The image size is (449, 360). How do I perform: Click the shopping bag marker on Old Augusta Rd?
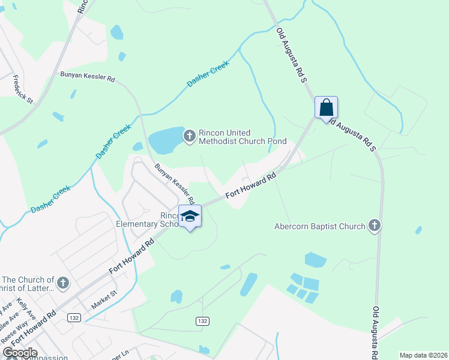pyautogui.click(x=326, y=108)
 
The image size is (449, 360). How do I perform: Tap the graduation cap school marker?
pyautogui.click(x=190, y=217)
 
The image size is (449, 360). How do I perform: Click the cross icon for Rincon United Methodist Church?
pyautogui.click(x=190, y=137)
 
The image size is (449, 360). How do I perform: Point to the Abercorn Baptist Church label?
pyautogui.click(x=319, y=227)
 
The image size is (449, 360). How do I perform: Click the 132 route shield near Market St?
pyautogui.click(x=74, y=317)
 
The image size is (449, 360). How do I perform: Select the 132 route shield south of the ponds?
pyautogui.click(x=202, y=321)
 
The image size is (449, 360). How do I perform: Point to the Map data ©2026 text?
pyautogui.click(x=423, y=355)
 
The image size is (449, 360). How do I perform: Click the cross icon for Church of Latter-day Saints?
pyautogui.click(x=64, y=282)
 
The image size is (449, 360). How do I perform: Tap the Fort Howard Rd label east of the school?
pyautogui.click(x=250, y=187)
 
